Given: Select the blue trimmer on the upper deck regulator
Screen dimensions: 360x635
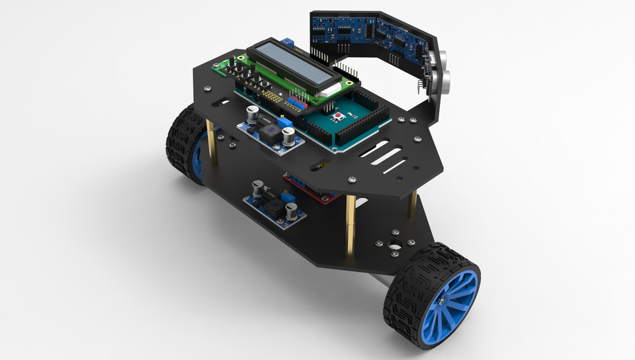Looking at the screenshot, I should (x=285, y=123).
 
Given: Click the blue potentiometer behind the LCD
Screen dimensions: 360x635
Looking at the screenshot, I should (x=289, y=43).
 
